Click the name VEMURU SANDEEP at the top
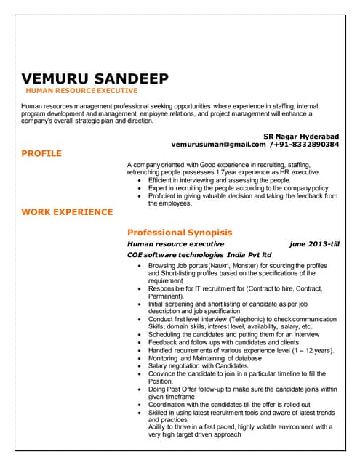pos(95,78)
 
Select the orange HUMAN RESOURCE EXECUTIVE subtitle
pos(81,92)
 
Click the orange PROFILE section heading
pos(41,153)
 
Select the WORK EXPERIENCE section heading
pos(67,212)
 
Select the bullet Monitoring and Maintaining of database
pos(204,358)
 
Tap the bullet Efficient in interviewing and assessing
pos(219,180)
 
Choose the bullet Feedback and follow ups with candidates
pos(223,342)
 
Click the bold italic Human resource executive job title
pos(175,244)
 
